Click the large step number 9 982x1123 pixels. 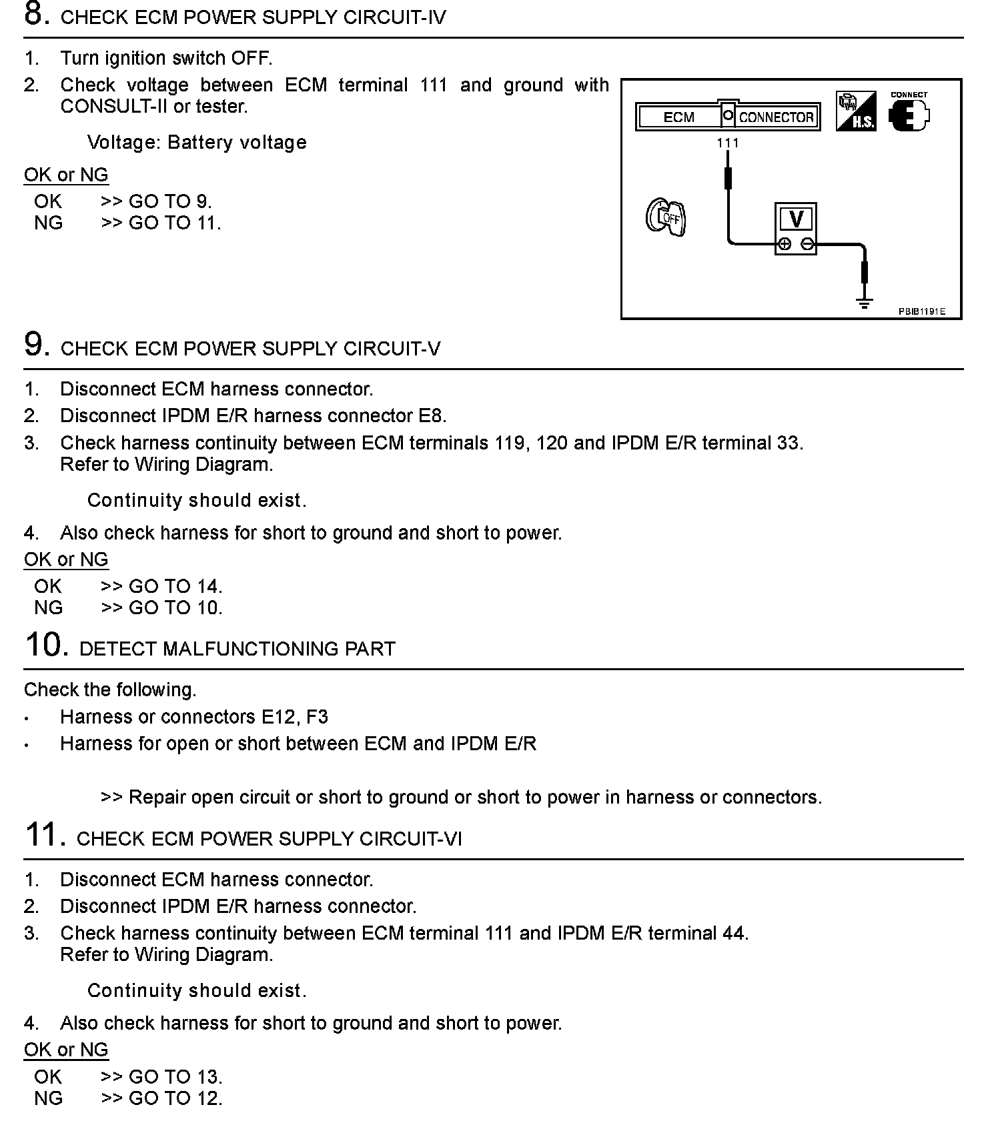(37, 345)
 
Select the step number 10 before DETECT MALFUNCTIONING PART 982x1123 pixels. (46, 645)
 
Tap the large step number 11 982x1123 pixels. (45, 835)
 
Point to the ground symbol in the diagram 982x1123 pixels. (865, 303)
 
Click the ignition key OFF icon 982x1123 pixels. (666, 217)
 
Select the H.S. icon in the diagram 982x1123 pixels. (856, 111)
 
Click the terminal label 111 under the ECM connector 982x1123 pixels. (728, 143)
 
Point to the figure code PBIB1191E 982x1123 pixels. (921, 311)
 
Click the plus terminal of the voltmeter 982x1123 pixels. (785, 244)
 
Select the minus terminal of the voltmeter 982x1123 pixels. (807, 244)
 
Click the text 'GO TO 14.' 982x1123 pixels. (175, 586)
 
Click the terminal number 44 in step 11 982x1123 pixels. (734, 933)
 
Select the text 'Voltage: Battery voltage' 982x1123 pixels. (197, 142)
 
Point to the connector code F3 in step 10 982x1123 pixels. (317, 717)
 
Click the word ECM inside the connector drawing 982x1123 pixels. (678, 117)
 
